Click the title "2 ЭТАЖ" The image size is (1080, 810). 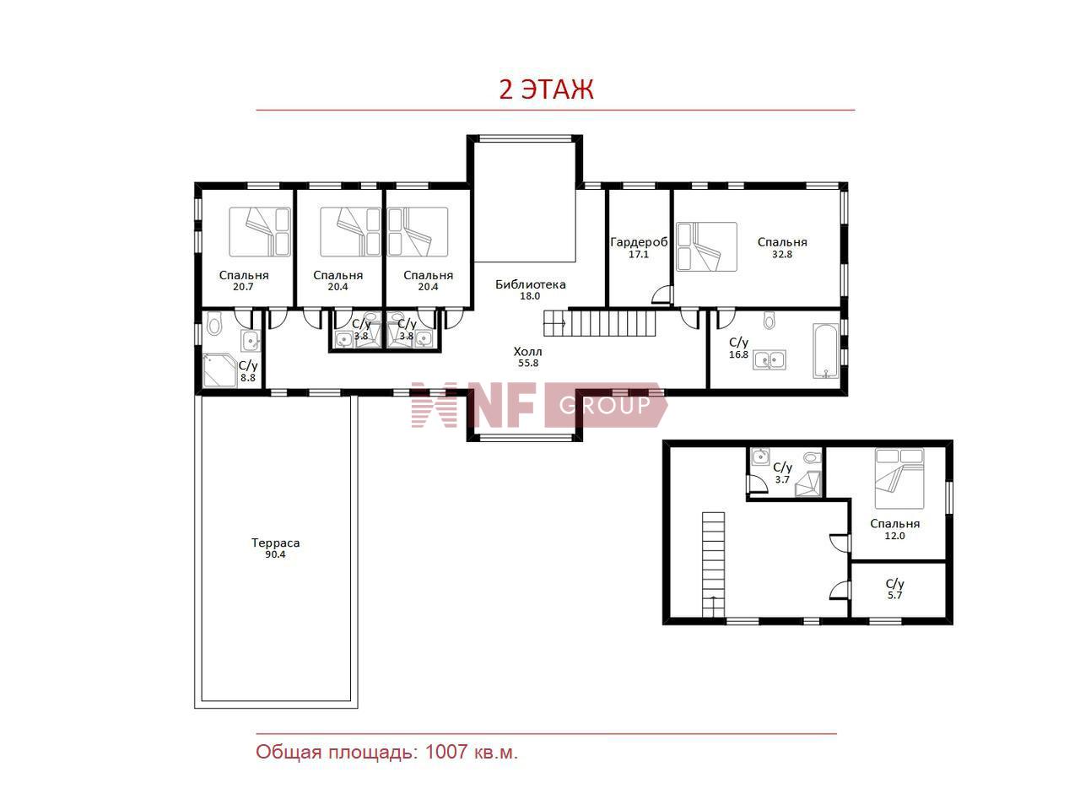[546, 89]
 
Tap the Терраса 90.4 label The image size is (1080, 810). [276, 548]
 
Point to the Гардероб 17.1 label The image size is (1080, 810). [639, 247]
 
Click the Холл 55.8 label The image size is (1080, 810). [528, 357]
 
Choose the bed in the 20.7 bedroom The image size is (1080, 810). [260, 232]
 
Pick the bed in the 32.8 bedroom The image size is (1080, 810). [706, 246]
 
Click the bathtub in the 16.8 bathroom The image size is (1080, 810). [825, 351]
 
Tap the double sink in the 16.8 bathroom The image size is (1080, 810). [769, 360]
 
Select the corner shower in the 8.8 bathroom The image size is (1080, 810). [219, 370]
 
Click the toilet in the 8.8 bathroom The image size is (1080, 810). [214, 323]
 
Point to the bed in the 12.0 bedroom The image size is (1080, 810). [899, 478]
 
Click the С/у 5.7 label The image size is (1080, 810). [894, 589]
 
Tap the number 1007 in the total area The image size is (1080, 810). [445, 752]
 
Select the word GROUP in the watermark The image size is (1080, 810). [605, 405]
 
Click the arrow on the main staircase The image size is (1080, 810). [555, 323]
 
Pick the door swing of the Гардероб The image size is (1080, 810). [661, 294]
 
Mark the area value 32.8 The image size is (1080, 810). [782, 254]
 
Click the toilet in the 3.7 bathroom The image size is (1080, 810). [813, 457]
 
